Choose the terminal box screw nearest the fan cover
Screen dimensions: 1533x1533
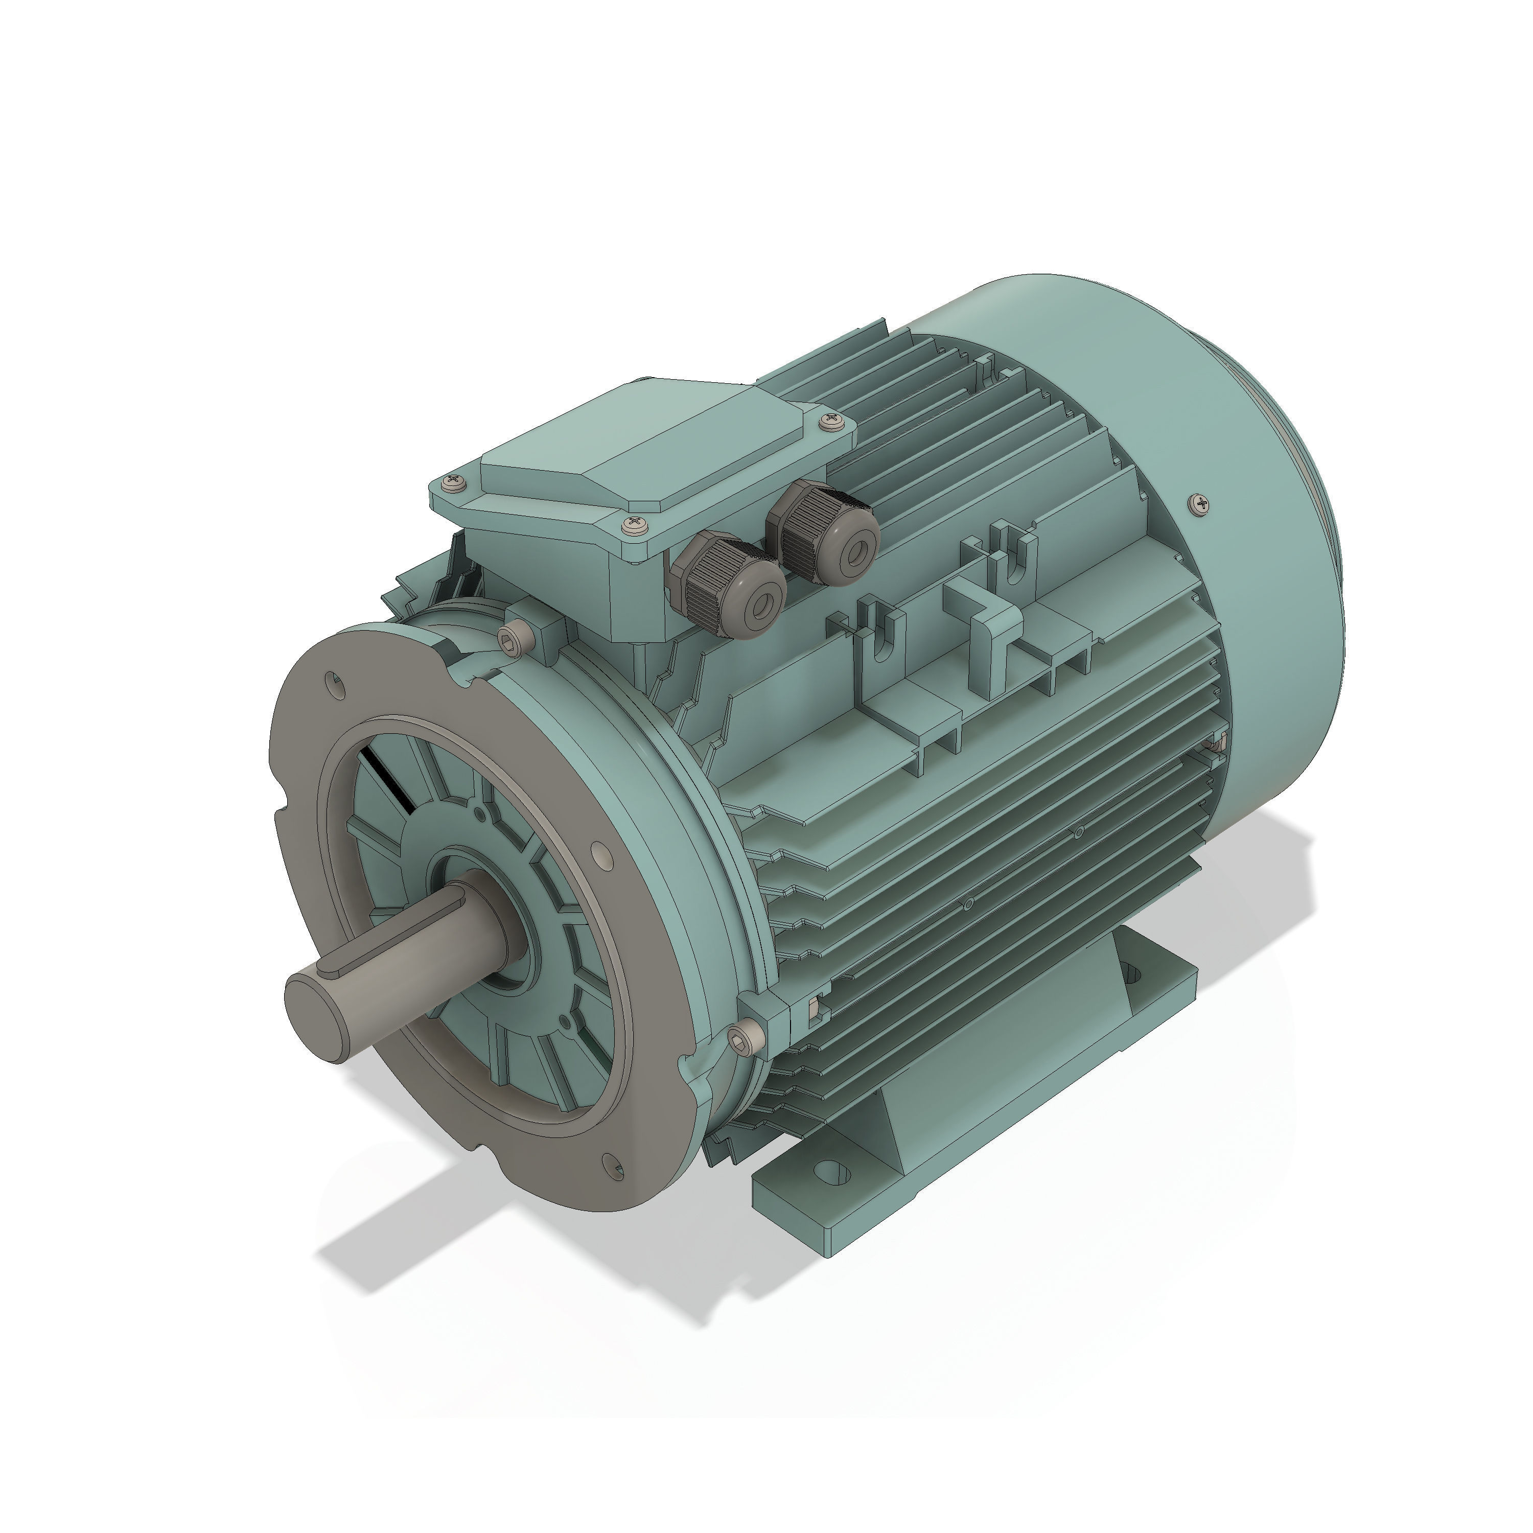point(830,417)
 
